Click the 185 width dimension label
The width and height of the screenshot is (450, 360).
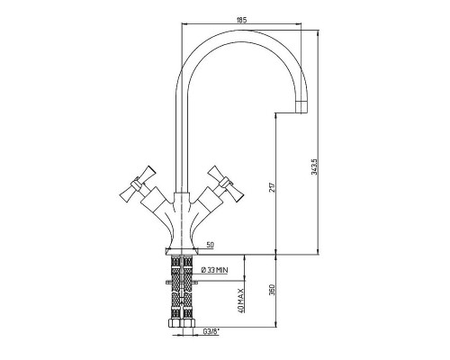(241, 20)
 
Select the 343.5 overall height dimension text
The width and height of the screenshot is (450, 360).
(314, 166)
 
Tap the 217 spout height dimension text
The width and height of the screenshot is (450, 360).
(272, 187)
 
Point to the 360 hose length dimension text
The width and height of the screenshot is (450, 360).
(272, 290)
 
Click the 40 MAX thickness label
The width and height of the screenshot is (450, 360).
(241, 300)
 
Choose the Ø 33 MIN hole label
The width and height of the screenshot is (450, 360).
(214, 270)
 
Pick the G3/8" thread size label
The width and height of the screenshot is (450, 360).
(211, 331)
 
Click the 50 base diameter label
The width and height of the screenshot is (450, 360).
(211, 245)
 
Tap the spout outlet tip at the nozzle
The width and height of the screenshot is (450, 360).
(301, 112)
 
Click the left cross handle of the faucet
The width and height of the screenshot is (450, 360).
(138, 184)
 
